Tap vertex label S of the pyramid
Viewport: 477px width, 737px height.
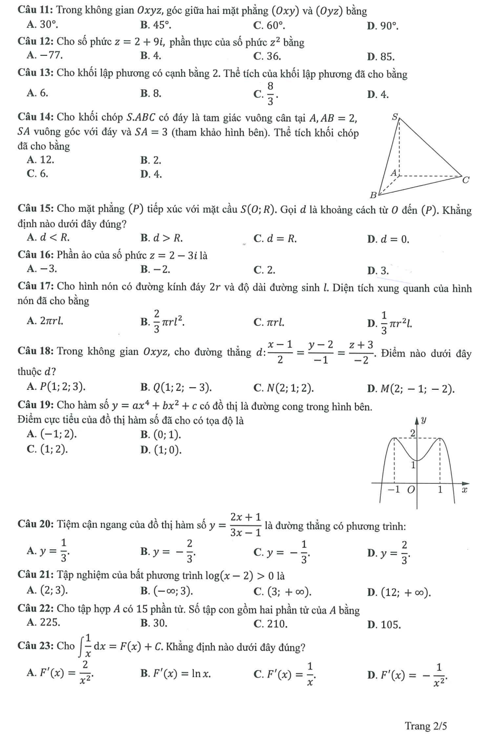point(394,117)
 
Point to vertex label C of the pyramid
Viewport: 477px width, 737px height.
point(466,180)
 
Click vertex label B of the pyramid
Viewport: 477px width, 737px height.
point(373,195)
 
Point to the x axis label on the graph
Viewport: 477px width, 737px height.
point(465,490)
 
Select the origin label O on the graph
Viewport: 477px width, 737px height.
point(410,490)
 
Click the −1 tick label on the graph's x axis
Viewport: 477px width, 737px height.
point(393,490)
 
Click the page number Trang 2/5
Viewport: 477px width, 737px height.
point(425,726)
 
